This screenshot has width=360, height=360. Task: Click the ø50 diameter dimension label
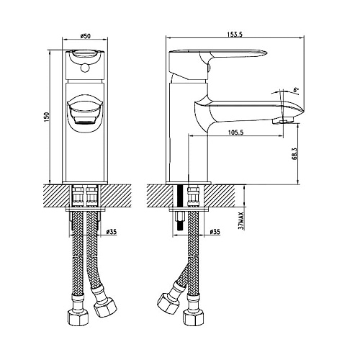tap(85, 36)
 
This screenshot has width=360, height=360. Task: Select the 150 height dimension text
tap(47, 117)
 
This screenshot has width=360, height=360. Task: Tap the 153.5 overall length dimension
tap(235, 35)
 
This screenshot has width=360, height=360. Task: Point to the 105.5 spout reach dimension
tap(235, 132)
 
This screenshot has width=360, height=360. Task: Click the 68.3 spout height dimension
tap(294, 153)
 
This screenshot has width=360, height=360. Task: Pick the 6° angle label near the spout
tap(296, 90)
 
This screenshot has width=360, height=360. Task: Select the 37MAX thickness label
tap(241, 221)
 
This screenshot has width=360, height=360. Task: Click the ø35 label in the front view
tap(112, 232)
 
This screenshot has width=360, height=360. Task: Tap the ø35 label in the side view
tap(215, 232)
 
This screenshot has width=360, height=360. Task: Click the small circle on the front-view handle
tap(84, 68)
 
